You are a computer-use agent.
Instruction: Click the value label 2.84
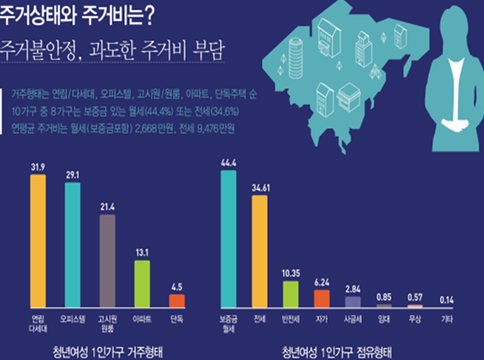click(x=353, y=287)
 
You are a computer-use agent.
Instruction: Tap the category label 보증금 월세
click(x=228, y=322)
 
